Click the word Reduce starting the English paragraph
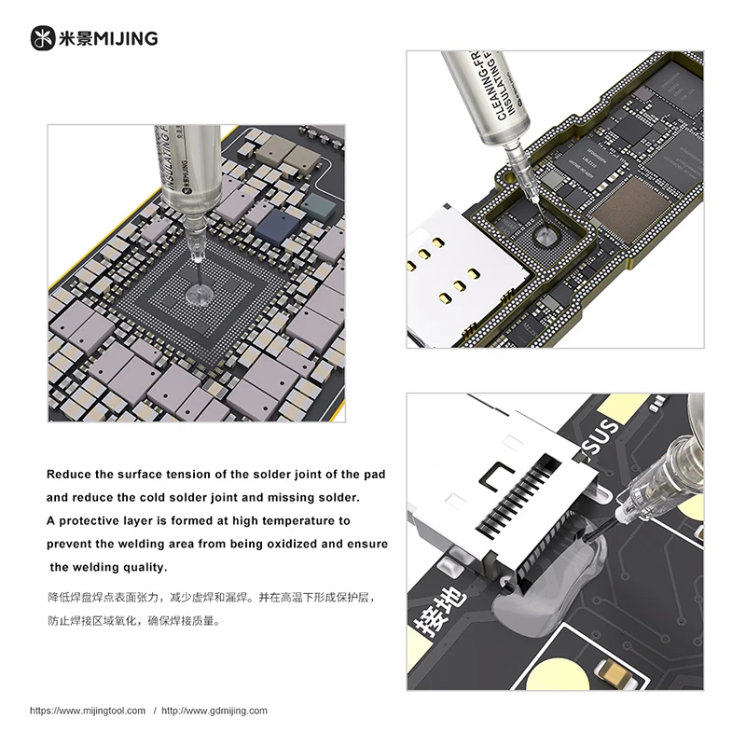[x=70, y=475]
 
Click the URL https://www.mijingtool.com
[x=88, y=711]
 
